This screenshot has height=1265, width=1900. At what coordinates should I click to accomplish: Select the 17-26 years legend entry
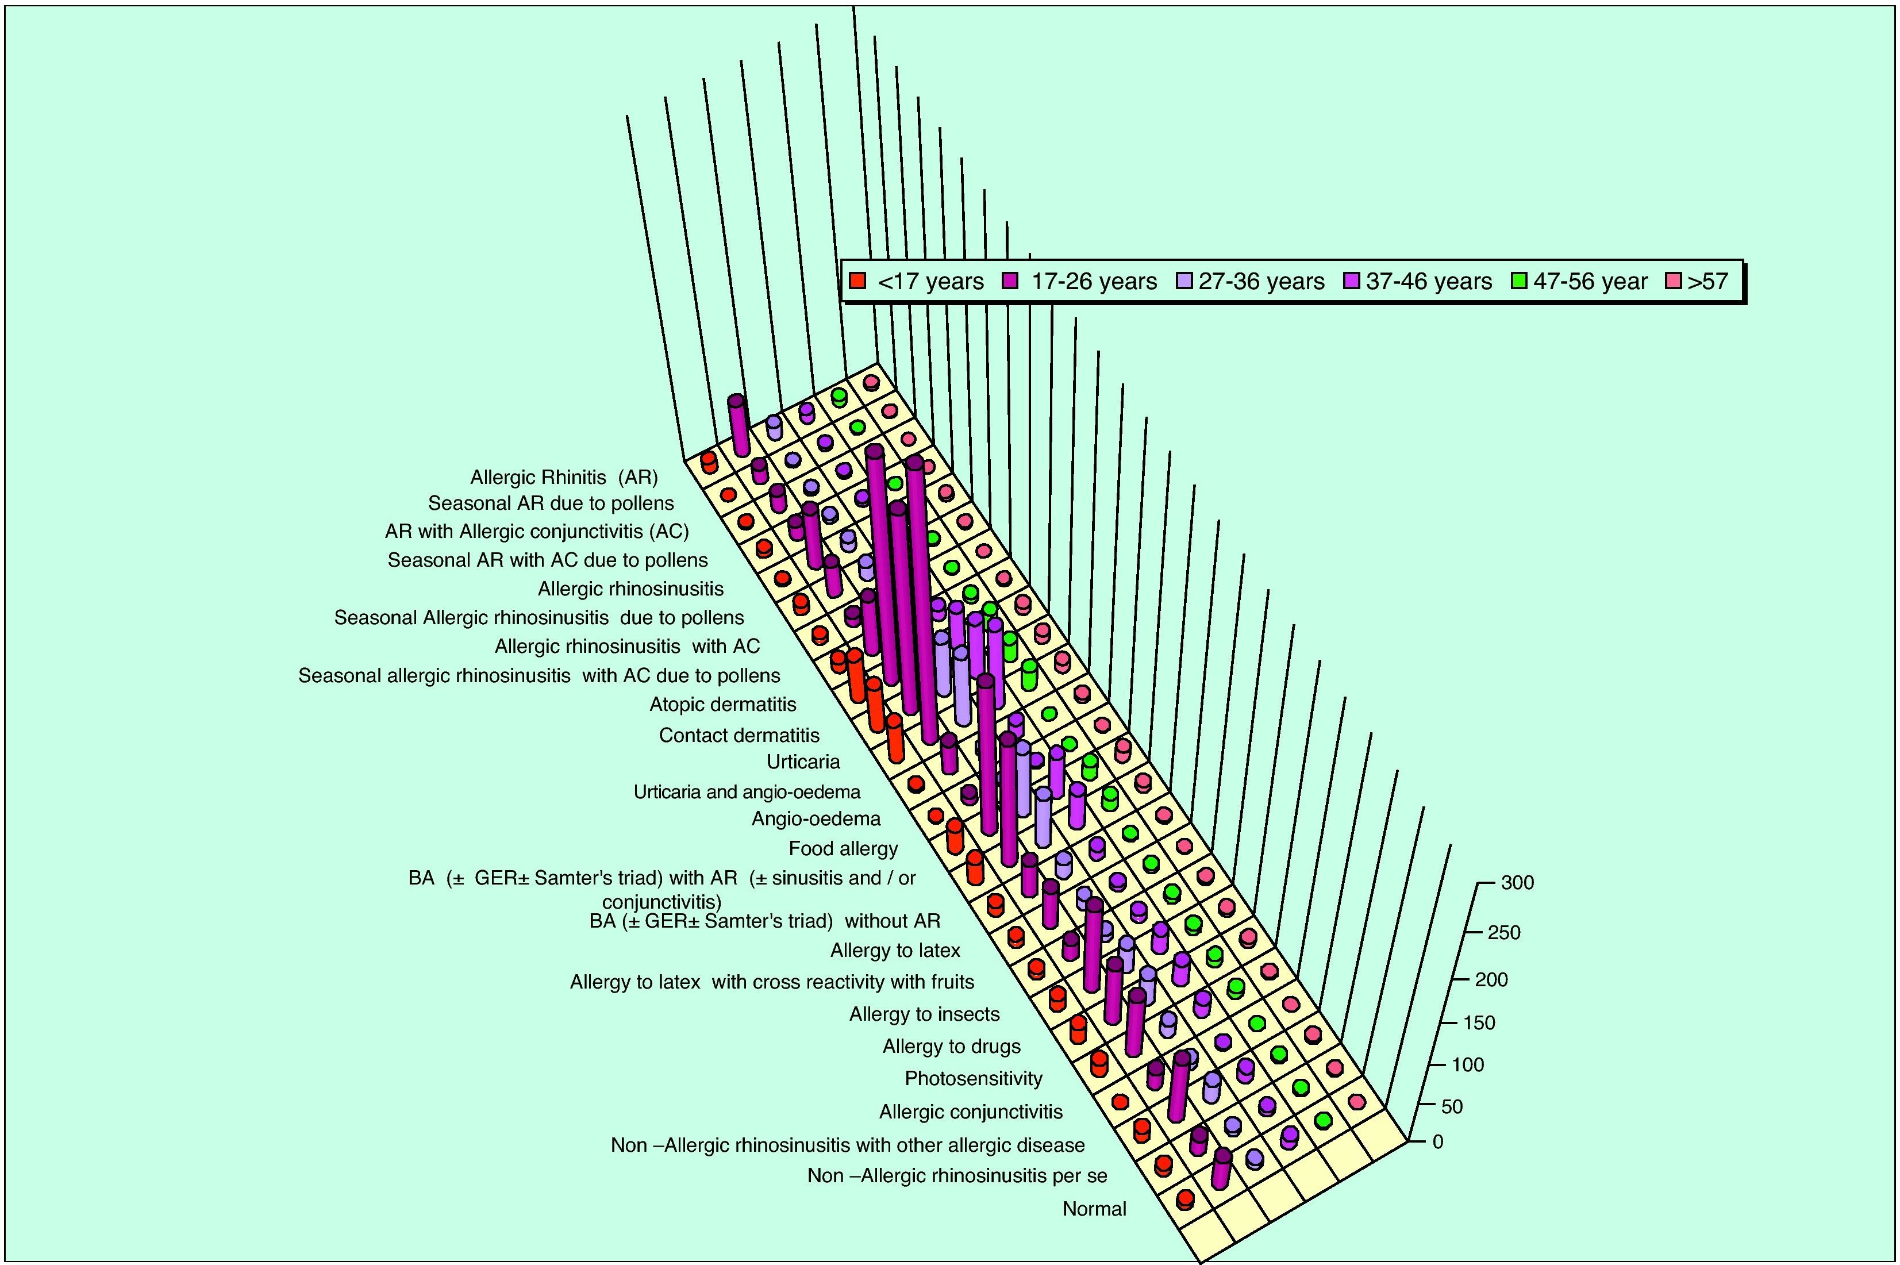click(1081, 282)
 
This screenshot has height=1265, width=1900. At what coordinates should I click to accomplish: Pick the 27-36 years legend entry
click(1250, 282)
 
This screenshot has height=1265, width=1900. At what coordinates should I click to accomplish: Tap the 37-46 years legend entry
click(1418, 282)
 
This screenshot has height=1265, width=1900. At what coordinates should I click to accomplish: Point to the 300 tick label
click(1517, 883)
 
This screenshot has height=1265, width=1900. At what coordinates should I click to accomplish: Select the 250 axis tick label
click(1504, 933)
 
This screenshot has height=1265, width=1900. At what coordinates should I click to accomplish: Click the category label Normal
click(1094, 1209)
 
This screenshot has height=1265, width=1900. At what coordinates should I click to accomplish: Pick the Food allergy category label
click(843, 849)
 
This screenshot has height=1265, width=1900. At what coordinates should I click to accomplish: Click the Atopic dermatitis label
click(723, 704)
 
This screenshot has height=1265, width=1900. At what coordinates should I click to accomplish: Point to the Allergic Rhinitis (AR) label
click(564, 478)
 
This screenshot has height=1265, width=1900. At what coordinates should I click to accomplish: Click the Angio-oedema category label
click(816, 819)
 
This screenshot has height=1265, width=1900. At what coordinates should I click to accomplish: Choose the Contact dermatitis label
click(739, 736)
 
